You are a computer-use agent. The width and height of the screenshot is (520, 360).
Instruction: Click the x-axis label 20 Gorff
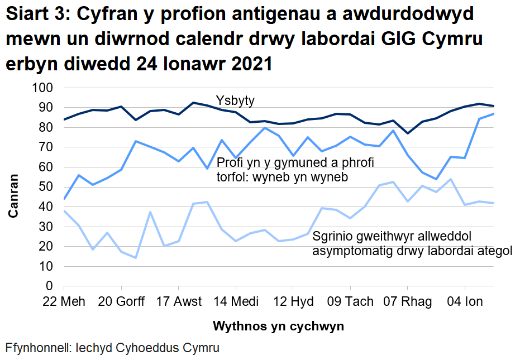point(122,302)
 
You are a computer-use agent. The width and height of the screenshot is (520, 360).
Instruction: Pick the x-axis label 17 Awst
point(179,302)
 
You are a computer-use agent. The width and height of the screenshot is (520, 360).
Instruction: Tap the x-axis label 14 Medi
point(236,302)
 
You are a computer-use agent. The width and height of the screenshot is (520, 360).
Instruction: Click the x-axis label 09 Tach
point(351,302)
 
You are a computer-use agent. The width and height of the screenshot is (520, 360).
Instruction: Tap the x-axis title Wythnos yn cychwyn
point(278,325)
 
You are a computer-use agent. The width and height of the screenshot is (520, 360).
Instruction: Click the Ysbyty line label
point(235,101)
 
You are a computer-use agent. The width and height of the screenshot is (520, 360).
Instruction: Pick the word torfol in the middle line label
point(232,177)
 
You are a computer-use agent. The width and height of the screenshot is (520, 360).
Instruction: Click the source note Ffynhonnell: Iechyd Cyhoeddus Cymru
point(112,348)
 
